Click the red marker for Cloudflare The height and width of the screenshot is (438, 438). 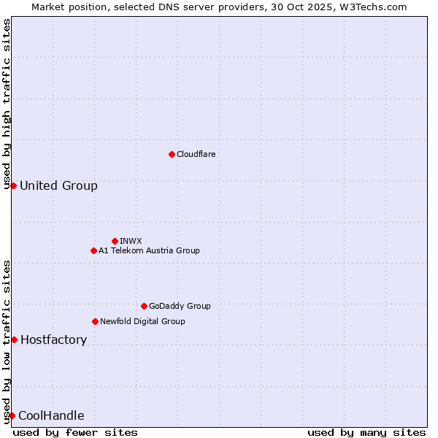pyautogui.click(x=172, y=154)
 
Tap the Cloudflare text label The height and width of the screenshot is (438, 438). pyautogui.click(x=196, y=154)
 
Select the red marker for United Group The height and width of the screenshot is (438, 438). pyautogui.click(x=13, y=185)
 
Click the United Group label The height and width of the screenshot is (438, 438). pyautogui.click(x=58, y=185)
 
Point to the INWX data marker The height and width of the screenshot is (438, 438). pyautogui.click(x=115, y=241)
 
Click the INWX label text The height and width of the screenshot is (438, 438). pyautogui.click(x=131, y=241)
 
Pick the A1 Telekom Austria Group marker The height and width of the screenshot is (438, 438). pyautogui.click(x=93, y=250)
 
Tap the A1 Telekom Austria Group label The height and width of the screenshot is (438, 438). pyautogui.click(x=149, y=250)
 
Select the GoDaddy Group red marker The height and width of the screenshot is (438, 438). pyautogui.click(x=144, y=306)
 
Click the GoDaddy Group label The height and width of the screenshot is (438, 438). pyautogui.click(x=179, y=306)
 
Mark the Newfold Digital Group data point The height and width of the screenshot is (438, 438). pyautogui.click(x=95, y=321)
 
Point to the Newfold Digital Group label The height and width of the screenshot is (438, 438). pyautogui.click(x=142, y=321)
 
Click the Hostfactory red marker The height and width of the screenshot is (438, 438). pyautogui.click(x=14, y=339)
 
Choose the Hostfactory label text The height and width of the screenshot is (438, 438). pyautogui.click(x=53, y=339)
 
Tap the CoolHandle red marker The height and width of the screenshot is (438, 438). pyautogui.click(x=12, y=415)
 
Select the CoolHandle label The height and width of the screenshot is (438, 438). pyautogui.click(x=51, y=416)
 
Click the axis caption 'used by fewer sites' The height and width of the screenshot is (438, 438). pyautogui.click(x=75, y=432)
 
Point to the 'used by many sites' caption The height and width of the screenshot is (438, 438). pyautogui.click(x=366, y=432)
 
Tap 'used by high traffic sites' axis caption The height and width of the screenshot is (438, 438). pyautogui.click(x=7, y=104)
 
